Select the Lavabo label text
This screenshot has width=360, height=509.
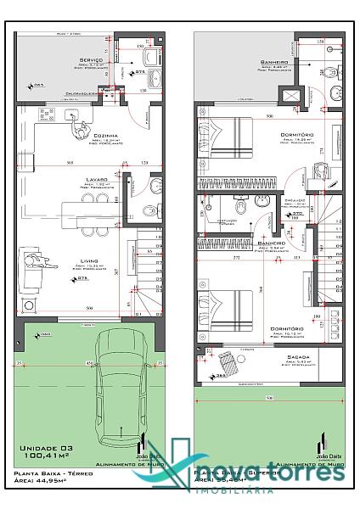(x=95, y=180)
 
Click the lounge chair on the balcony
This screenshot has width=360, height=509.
(x=230, y=362)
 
